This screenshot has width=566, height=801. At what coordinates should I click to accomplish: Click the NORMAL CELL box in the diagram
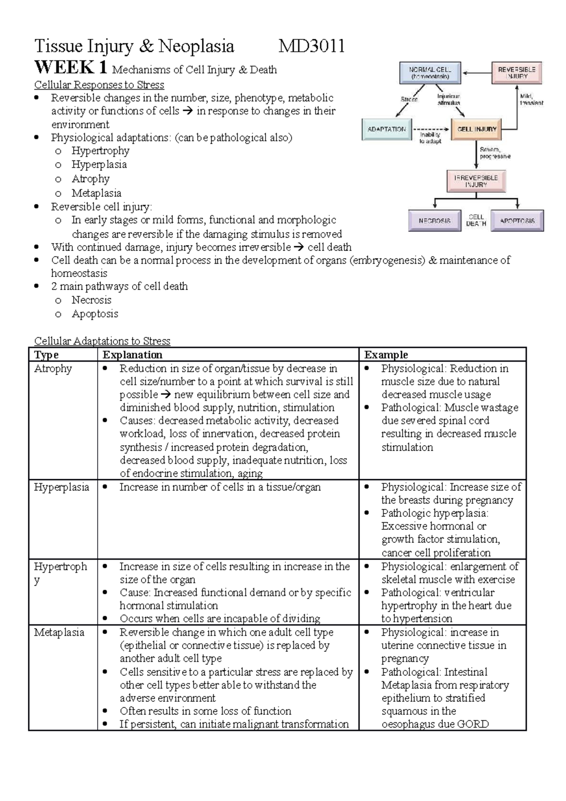coord(429,73)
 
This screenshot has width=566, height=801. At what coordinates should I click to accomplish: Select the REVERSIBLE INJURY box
coord(517,73)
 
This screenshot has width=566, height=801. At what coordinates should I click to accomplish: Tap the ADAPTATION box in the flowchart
coord(386,129)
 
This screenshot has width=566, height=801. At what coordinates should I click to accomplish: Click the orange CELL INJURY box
coord(477,129)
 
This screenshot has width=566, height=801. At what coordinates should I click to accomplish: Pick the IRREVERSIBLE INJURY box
coord(475,181)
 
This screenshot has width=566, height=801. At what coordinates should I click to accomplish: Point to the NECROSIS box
coord(434,220)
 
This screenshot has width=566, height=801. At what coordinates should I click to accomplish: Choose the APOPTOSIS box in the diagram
coord(517,220)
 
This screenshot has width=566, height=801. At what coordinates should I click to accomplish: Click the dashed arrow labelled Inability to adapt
coord(431,129)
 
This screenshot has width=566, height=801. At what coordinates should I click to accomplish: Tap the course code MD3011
coord(311,46)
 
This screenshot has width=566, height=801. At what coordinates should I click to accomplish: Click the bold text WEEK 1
coord(71,68)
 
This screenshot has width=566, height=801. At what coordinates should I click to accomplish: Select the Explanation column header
coord(133,355)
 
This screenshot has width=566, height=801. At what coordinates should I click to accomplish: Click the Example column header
coord(386,355)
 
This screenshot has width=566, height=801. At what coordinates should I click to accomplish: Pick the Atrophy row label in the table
coord(53,368)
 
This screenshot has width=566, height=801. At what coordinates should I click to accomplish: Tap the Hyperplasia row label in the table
coord(61,487)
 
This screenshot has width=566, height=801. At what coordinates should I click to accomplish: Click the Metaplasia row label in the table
coord(59,632)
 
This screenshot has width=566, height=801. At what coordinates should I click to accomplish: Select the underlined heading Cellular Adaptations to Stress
coord(102,341)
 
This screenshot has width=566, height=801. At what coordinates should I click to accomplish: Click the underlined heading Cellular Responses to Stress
coord(99,85)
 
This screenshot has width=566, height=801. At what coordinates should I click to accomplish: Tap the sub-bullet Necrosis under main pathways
coord(92,300)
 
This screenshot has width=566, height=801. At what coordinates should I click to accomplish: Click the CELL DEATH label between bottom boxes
coord(476,220)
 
